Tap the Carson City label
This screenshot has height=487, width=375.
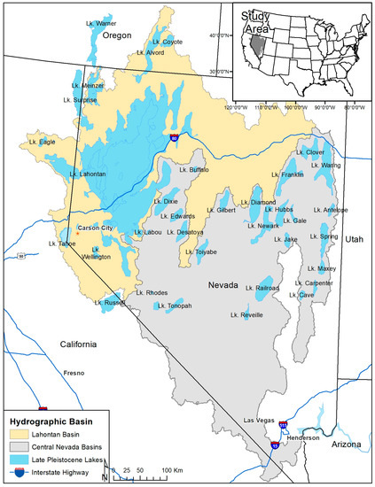pyautogui.click(x=94, y=228)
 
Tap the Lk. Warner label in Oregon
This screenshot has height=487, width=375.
pyautogui.click(x=98, y=23)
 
